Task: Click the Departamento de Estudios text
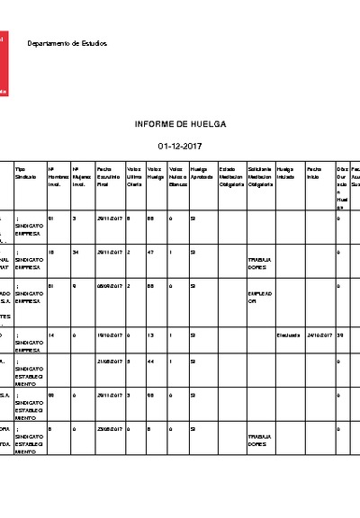click(67, 43)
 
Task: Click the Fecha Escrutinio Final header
click(109, 176)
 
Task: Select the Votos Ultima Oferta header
click(135, 176)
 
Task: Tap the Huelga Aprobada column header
click(202, 173)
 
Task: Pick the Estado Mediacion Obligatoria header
click(231, 176)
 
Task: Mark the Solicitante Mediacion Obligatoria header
click(259, 176)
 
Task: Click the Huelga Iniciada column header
click(286, 173)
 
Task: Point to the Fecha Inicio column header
click(313, 173)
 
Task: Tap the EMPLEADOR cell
click(259, 298)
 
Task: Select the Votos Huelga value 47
click(153, 253)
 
